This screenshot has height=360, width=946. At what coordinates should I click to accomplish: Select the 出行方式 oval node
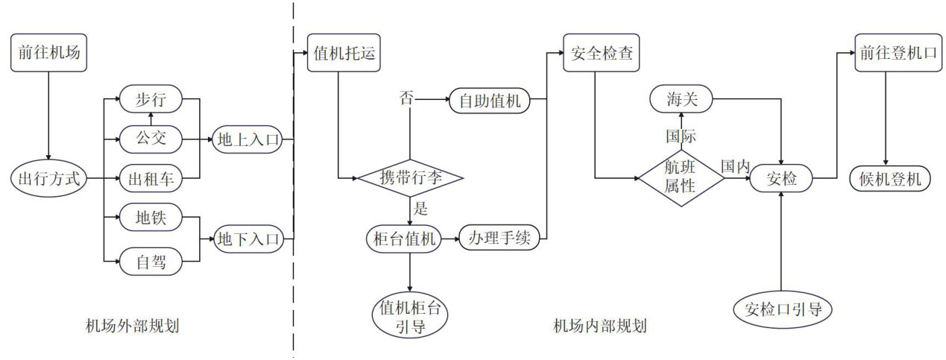(49, 179)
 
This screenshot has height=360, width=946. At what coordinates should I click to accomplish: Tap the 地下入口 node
(248, 239)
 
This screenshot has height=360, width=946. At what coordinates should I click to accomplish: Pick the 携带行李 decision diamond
(411, 179)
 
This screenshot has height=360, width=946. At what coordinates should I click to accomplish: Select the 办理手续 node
(496, 239)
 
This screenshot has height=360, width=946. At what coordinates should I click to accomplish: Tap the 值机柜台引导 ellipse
(411, 316)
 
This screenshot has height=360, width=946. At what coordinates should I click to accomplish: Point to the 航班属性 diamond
(680, 179)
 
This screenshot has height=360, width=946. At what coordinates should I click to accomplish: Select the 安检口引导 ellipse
(782, 308)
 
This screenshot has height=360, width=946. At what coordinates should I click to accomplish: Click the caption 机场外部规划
(132, 326)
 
